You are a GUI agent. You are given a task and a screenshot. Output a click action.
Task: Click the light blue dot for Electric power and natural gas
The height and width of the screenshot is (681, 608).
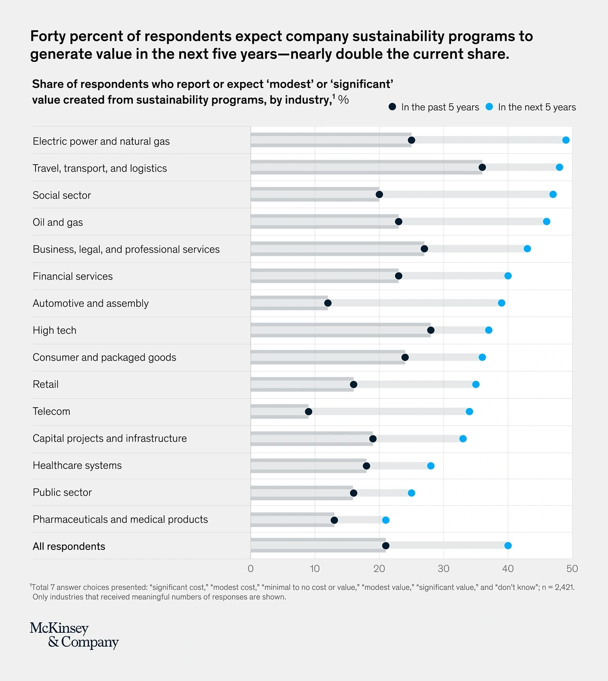click(566, 140)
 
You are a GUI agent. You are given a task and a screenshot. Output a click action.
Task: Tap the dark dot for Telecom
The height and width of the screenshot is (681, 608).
click(309, 412)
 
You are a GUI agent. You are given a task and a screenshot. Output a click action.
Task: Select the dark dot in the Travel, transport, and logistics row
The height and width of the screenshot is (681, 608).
click(482, 168)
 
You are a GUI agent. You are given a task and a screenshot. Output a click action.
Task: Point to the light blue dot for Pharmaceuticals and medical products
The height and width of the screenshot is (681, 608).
click(386, 520)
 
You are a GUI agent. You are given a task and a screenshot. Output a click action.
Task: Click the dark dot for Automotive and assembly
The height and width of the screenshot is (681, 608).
click(328, 303)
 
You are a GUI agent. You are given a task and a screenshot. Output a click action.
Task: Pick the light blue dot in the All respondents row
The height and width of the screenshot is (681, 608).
click(508, 546)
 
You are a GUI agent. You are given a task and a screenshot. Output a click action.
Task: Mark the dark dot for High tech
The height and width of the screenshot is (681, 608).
click(431, 330)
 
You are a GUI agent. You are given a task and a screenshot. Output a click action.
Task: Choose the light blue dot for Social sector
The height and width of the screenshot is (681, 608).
click(553, 194)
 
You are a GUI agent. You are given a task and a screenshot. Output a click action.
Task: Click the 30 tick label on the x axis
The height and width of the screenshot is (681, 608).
click(443, 569)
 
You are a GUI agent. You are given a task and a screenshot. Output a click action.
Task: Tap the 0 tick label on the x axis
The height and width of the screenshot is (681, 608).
click(251, 569)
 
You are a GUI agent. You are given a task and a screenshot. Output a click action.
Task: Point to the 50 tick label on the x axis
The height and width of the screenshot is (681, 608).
click(572, 569)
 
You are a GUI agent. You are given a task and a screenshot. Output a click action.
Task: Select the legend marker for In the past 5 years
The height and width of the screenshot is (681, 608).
click(392, 107)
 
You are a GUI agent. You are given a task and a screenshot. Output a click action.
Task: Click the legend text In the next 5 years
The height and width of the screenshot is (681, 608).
click(537, 107)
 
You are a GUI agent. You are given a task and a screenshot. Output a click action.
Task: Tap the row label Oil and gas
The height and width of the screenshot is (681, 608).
click(58, 222)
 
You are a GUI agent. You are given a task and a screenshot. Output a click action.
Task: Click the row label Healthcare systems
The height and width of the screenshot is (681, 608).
click(77, 465)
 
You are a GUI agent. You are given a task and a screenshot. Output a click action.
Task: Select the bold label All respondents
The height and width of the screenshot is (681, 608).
click(69, 546)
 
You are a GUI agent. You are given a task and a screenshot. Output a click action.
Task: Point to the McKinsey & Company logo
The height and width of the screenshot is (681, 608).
click(74, 635)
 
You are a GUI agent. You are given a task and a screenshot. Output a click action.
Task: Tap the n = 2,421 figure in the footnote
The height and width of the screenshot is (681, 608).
click(558, 587)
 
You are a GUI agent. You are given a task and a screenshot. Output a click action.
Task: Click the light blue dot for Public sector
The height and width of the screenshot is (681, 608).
click(411, 493)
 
